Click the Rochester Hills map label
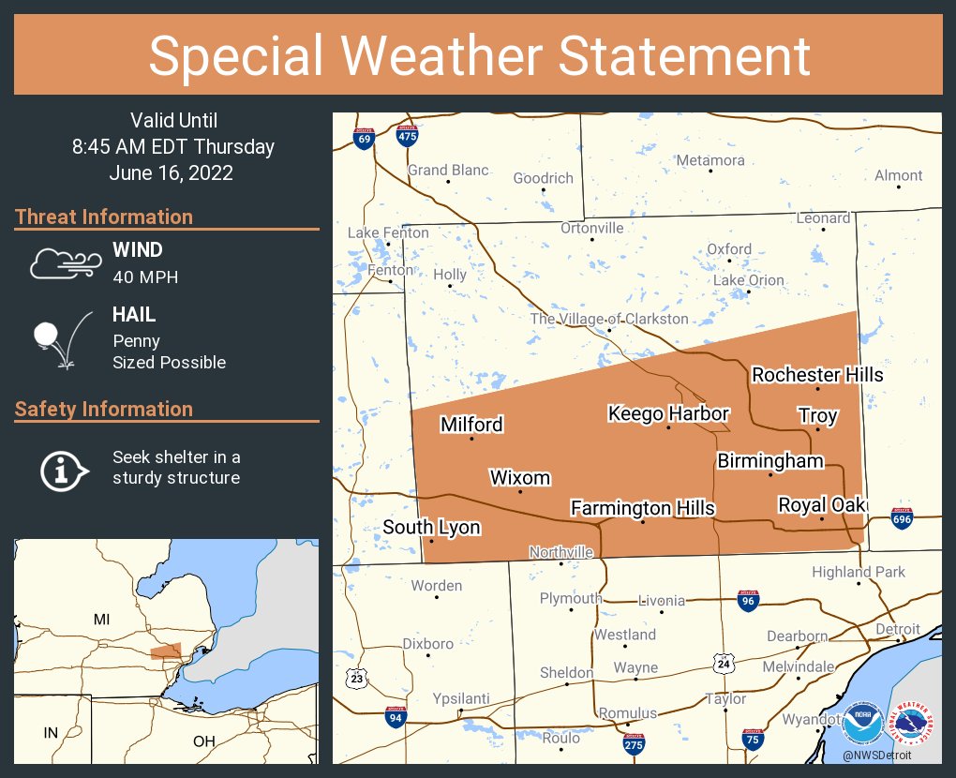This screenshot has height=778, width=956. point(817,375)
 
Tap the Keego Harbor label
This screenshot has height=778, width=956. point(668,413)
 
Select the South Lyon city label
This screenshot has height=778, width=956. point(431,528)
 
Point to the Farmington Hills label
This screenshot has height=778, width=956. point(643,508)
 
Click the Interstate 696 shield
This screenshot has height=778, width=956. point(902,519)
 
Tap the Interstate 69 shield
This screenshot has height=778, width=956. point(365,139)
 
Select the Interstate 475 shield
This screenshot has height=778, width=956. point(407,135)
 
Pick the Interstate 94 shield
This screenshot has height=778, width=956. point(396,718)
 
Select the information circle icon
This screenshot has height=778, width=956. point(63,468)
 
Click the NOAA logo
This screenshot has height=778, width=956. point(862,724)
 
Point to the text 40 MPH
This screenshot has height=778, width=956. point(145,277)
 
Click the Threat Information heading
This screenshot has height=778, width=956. point(104,217)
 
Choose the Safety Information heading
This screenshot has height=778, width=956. point(104,409)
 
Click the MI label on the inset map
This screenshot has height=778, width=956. point(101,620)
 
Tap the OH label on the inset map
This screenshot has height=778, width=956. point(203,741)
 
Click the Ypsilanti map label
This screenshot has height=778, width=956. point(460,699)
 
